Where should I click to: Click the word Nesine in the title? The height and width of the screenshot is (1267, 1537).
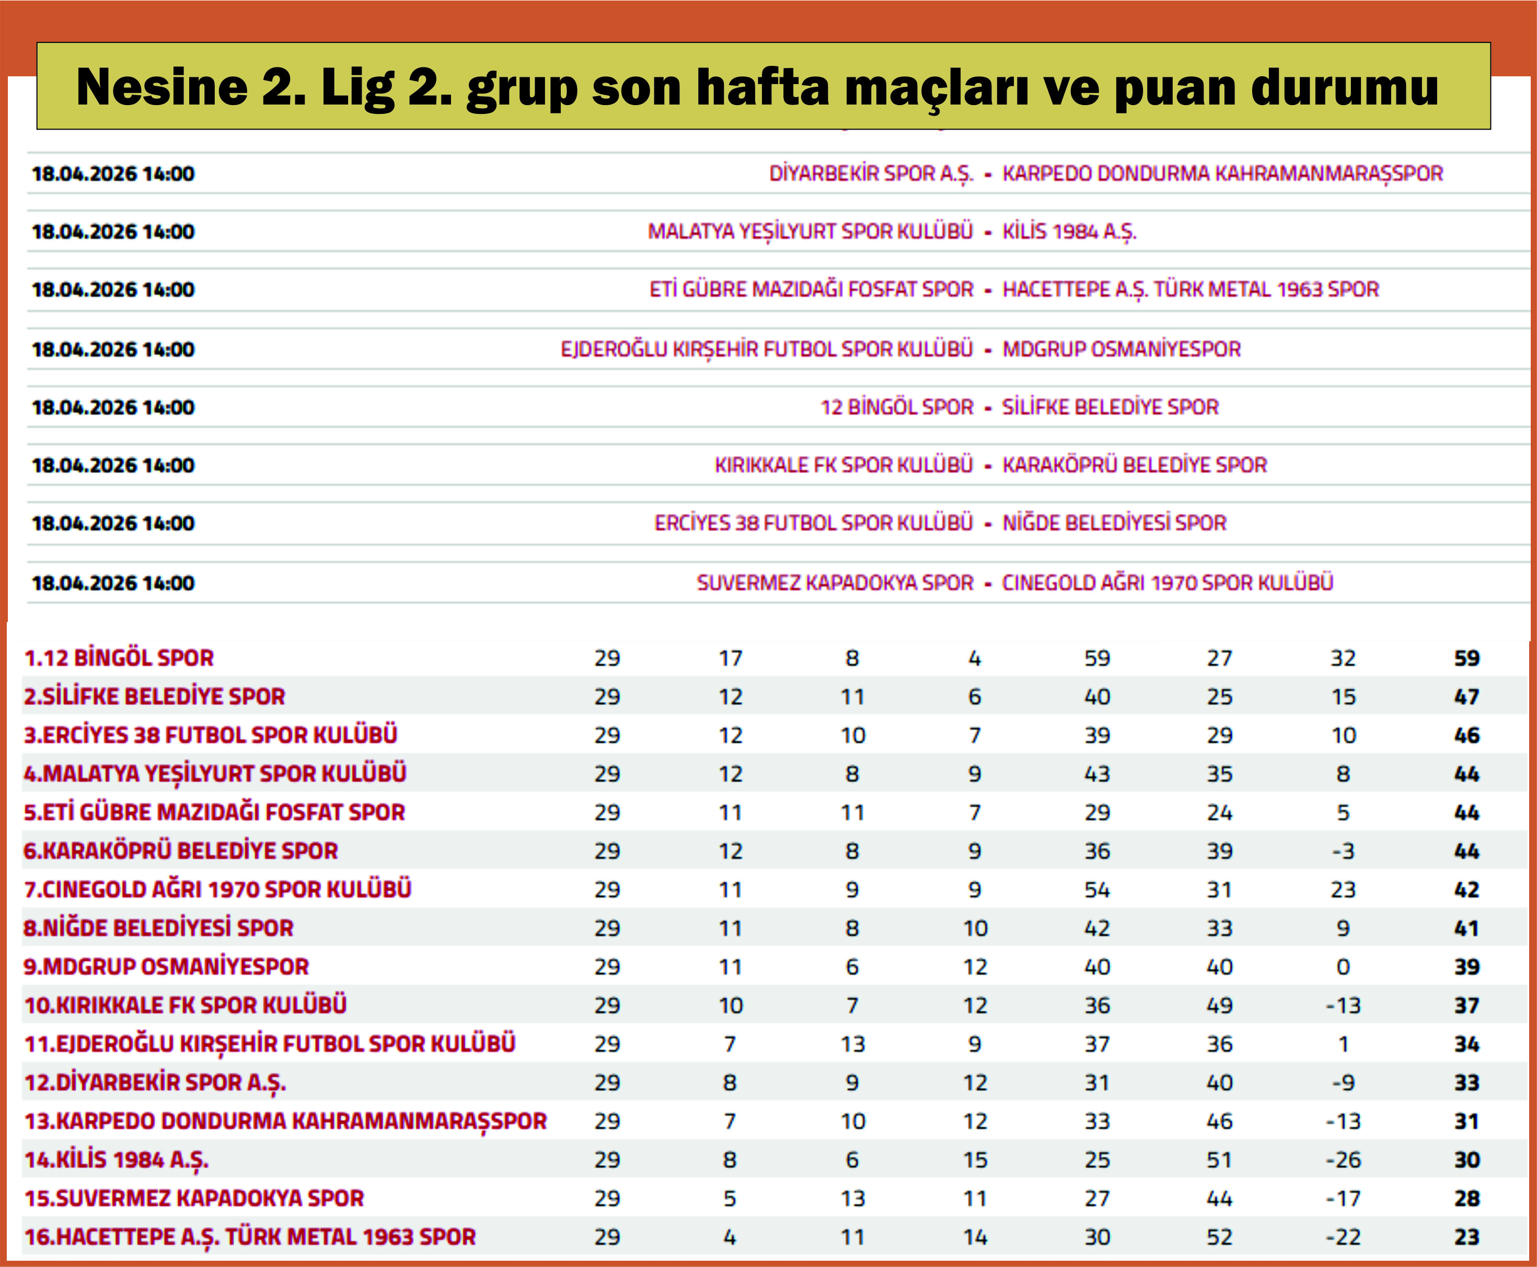point(161,87)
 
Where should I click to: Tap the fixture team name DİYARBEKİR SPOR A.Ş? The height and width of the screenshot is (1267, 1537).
point(871,174)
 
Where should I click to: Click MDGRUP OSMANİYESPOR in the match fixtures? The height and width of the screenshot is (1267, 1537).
point(1121,350)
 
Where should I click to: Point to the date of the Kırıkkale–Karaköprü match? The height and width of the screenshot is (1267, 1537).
point(113,466)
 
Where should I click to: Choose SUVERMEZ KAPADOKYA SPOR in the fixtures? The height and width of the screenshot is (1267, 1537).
point(835,583)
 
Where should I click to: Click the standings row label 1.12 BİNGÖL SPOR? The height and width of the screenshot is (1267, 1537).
point(119,658)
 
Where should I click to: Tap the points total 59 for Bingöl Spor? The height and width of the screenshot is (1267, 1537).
point(1466,658)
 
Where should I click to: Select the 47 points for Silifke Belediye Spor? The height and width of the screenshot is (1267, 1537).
point(1466,697)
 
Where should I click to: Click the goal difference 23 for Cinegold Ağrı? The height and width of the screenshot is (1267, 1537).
point(1342,890)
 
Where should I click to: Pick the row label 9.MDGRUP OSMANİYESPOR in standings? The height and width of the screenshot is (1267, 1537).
point(166,967)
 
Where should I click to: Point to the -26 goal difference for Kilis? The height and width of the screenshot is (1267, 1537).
point(1342,1160)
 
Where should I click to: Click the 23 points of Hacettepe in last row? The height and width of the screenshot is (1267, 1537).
point(1466,1237)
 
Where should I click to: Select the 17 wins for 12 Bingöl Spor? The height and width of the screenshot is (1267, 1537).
point(730,658)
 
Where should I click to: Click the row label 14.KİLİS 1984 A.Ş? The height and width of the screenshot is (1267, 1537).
point(117,1160)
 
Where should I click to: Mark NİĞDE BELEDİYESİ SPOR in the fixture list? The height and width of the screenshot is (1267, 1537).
point(1114,523)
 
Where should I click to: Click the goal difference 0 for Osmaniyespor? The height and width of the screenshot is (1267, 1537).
point(1342,967)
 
